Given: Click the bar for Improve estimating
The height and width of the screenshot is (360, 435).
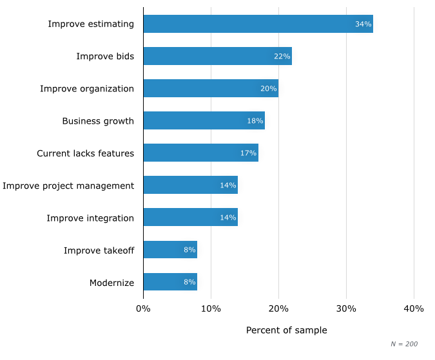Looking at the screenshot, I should coord(258,24).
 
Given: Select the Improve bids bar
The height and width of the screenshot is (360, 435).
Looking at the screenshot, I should coord(217,56).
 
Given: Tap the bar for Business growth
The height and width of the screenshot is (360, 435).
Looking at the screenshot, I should coord(204,120).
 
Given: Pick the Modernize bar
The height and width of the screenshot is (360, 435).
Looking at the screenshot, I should coord(170,282).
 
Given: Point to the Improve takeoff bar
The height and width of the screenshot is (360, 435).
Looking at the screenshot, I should coord(170,250).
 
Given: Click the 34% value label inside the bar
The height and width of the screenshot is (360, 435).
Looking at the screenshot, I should coord(363,24).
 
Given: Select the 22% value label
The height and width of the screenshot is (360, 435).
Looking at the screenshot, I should coord(282,57).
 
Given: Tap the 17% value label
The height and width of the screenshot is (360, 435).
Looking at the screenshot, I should coord(248,153).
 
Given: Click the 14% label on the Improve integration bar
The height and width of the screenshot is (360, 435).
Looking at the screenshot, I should coord(227,218).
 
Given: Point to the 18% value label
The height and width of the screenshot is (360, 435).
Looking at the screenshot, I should coord(255,121).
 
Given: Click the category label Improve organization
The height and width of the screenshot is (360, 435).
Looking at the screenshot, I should coord(87,88).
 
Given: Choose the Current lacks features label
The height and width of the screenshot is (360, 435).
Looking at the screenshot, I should coord(85,153).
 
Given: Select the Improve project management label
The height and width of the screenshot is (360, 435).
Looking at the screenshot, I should coord(68,185).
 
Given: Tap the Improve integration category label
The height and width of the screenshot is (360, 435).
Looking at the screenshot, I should coord(90,218).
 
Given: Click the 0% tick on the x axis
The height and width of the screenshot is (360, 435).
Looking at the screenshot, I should coord(143,308).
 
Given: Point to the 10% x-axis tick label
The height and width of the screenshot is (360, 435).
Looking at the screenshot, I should coord(211,308).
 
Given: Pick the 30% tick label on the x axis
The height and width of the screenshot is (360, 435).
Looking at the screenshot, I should coord(346,308).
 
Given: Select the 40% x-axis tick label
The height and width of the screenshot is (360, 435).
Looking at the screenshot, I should coord(414,308).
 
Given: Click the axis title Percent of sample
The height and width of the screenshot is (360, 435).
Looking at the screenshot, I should coord(286,330).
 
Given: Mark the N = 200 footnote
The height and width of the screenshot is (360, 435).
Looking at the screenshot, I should coord(405,344).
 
